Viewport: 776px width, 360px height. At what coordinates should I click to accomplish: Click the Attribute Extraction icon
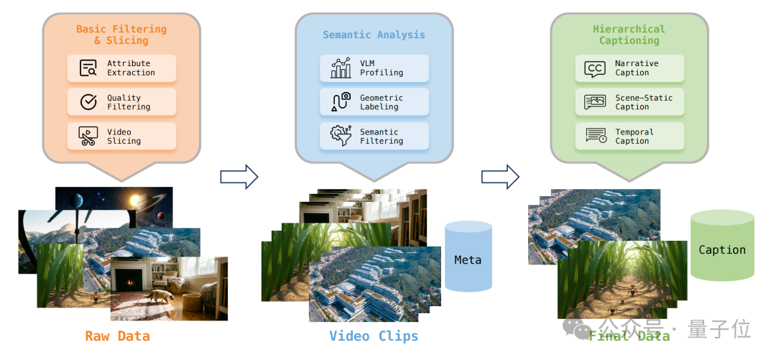click(x=88, y=68)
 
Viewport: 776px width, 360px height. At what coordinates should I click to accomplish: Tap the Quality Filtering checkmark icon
click(x=88, y=102)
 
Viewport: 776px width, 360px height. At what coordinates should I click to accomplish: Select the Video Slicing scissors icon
click(x=88, y=137)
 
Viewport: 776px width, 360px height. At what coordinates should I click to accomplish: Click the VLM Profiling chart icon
click(x=341, y=68)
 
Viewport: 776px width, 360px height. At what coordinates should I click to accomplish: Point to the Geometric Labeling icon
click(x=341, y=102)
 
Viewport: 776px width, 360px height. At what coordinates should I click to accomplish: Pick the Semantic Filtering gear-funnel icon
click(x=341, y=136)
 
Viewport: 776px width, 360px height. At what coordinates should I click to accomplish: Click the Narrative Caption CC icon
click(x=595, y=68)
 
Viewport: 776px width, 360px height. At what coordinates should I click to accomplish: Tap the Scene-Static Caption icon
click(x=595, y=102)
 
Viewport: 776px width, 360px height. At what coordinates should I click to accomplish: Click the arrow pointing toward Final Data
click(x=500, y=176)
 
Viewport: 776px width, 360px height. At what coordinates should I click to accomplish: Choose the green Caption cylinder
click(x=722, y=246)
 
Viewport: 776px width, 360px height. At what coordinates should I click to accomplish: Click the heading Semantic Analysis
click(x=374, y=34)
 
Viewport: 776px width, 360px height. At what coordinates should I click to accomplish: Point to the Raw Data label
click(x=117, y=336)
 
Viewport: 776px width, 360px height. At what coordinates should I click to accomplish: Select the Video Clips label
click(x=374, y=336)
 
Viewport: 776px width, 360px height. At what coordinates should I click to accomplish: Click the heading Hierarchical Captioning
click(x=629, y=34)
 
